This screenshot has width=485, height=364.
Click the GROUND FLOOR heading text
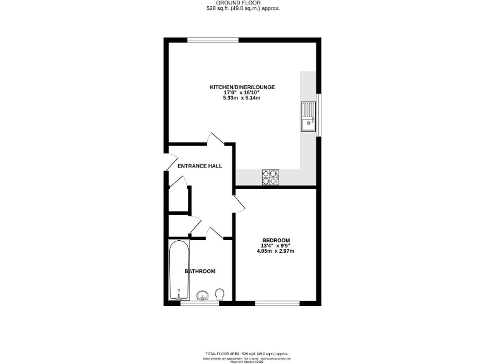(x=242, y=3)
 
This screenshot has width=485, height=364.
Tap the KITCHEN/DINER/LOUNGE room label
(x=242, y=87)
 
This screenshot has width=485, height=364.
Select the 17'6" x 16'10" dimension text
(x=242, y=93)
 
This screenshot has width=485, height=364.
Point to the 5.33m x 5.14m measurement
(x=242, y=99)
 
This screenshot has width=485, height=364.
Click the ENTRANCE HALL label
(x=200, y=166)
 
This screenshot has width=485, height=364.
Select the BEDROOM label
(x=276, y=240)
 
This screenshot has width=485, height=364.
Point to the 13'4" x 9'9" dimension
(x=276, y=246)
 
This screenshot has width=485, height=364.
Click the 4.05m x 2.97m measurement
(x=276, y=252)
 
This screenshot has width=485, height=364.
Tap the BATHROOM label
(x=200, y=271)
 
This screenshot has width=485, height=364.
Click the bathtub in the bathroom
(x=179, y=271)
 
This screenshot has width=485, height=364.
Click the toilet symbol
(x=220, y=295)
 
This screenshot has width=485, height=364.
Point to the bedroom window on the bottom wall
(x=277, y=305)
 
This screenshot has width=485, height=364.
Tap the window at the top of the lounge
(x=213, y=40)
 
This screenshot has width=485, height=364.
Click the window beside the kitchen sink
(x=319, y=114)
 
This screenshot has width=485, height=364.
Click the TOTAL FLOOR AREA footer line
(x=242, y=354)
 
